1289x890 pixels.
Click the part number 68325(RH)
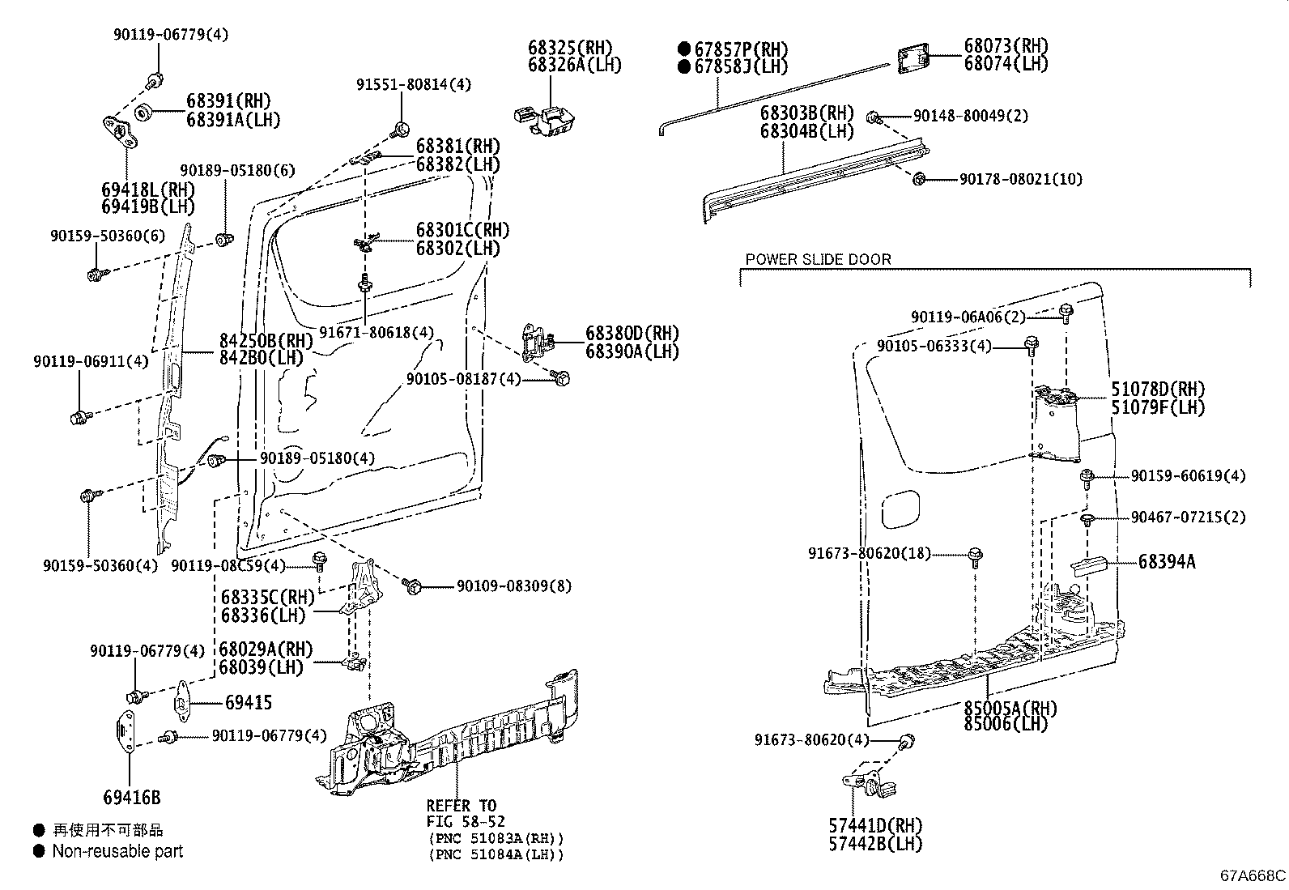click(x=571, y=48)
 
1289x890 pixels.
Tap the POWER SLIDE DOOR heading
click(x=818, y=259)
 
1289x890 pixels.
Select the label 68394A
click(x=1166, y=561)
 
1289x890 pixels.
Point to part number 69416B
click(x=131, y=798)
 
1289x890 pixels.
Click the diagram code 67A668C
click(x=1253, y=875)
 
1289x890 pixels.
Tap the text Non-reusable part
click(x=117, y=851)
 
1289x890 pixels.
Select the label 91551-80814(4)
click(x=414, y=84)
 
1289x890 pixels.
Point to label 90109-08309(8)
click(x=513, y=586)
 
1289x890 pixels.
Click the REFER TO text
click(x=462, y=806)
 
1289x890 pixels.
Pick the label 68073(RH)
click(x=1006, y=46)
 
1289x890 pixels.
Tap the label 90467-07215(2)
click(x=1188, y=517)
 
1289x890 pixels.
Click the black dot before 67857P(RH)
click(x=684, y=49)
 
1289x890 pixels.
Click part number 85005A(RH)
click(x=1010, y=709)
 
